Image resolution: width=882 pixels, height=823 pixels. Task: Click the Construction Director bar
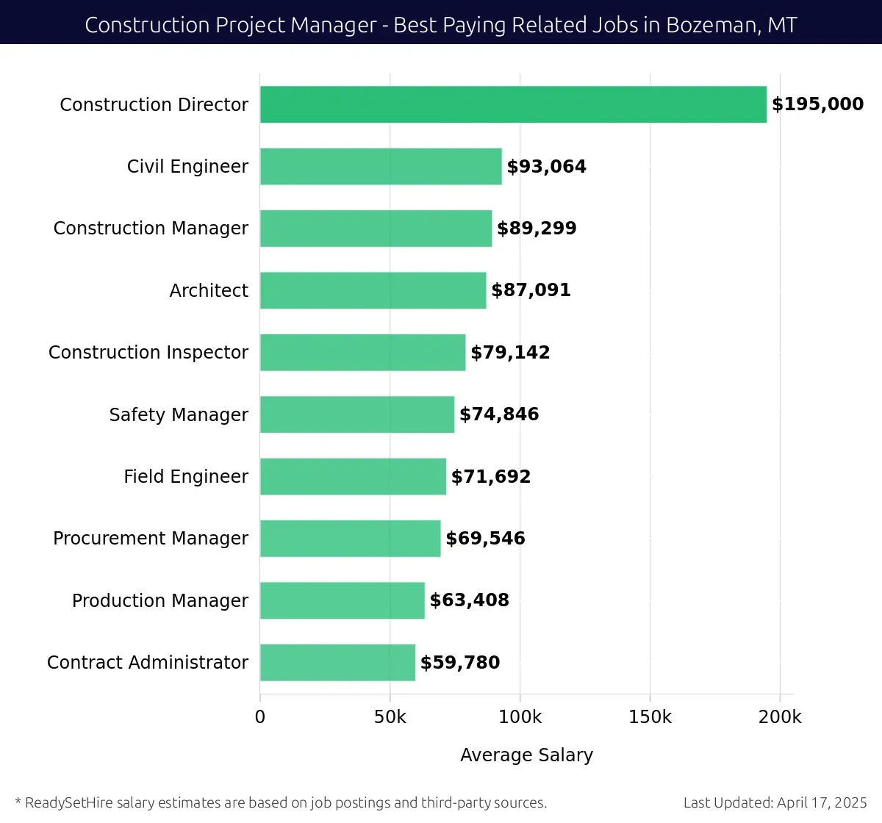click(513, 104)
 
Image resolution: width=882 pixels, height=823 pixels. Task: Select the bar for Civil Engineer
click(381, 167)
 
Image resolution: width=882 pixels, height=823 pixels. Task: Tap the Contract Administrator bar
click(337, 663)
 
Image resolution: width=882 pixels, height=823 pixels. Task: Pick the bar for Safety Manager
click(357, 414)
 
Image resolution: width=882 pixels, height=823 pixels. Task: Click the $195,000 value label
click(817, 104)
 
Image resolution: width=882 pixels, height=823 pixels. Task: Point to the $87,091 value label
click(531, 290)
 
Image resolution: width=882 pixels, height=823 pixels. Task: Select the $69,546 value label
click(485, 539)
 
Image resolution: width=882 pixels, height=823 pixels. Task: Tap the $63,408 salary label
click(469, 600)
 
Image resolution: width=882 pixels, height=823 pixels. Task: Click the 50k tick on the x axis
click(390, 717)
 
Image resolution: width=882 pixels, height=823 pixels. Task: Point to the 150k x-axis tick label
click(650, 717)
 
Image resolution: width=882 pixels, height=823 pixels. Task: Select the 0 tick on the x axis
click(260, 717)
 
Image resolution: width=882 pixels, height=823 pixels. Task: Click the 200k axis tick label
click(780, 717)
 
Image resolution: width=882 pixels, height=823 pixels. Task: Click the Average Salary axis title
click(526, 755)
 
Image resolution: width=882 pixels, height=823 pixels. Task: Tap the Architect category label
click(209, 291)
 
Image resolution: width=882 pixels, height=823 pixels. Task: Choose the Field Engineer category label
click(186, 477)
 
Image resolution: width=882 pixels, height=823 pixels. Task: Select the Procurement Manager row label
click(151, 539)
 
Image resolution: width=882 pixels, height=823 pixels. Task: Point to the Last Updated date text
click(775, 802)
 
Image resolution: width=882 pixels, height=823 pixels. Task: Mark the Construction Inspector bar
click(362, 353)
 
